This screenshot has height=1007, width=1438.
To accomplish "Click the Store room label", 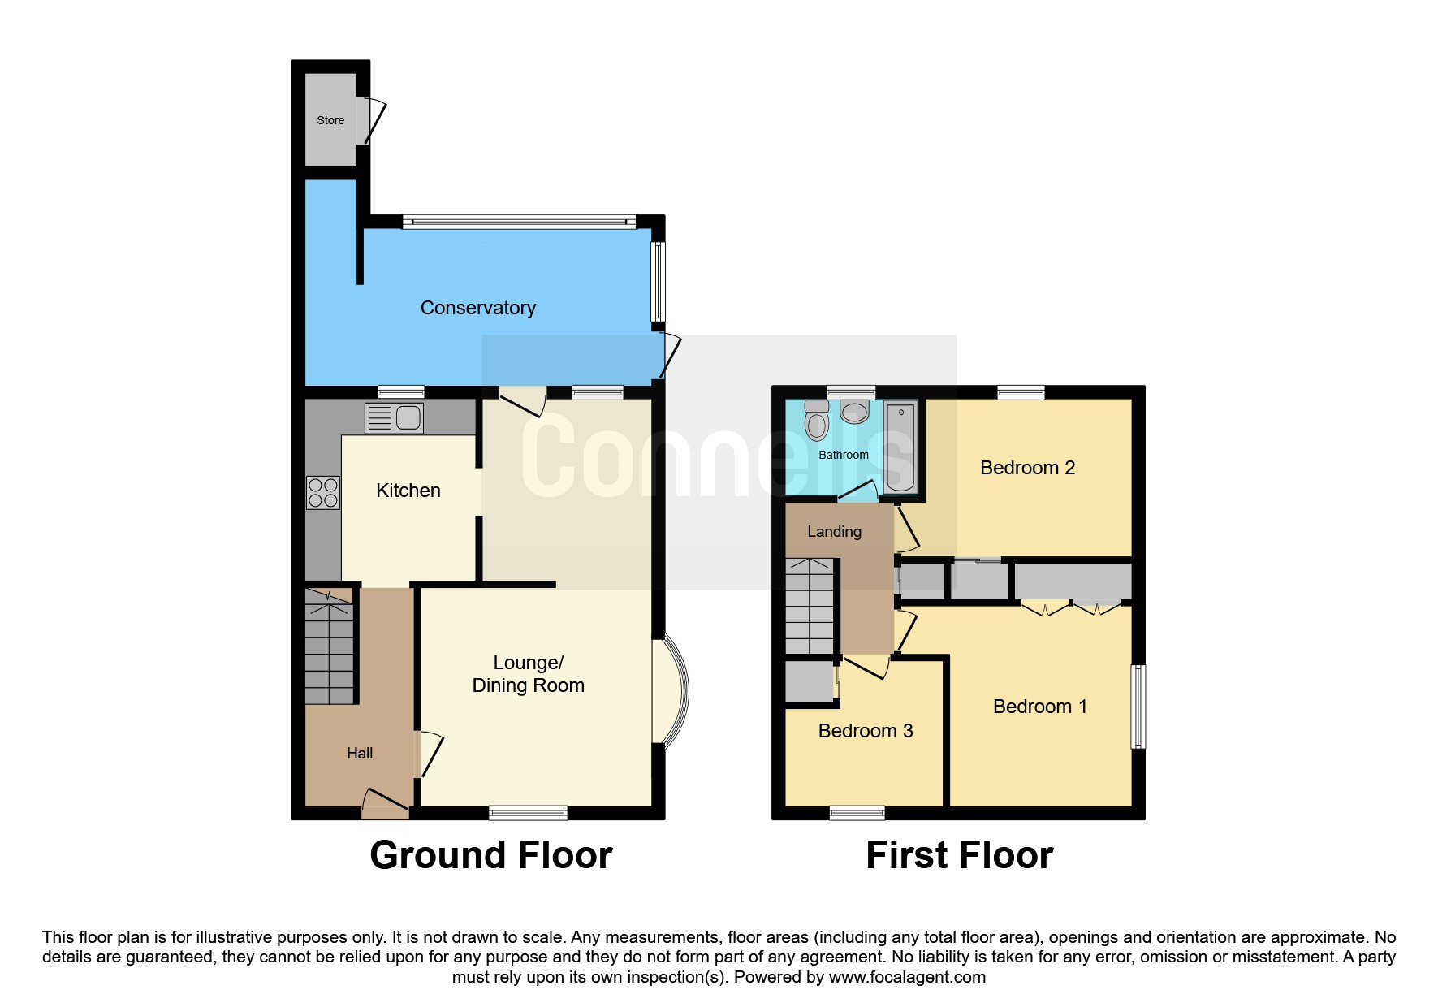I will coord(330,120).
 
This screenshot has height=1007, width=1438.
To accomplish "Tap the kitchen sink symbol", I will coord(394,418).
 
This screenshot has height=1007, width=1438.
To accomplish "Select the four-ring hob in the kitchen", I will coord(322,492).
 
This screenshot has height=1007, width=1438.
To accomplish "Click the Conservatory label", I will coord(477,308).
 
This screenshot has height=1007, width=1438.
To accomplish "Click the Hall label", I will coord(360,754).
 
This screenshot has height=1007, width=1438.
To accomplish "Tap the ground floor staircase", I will coord(330,646).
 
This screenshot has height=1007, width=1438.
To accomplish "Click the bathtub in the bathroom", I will coord(900,448).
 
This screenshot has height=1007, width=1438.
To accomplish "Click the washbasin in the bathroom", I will coord(854,412).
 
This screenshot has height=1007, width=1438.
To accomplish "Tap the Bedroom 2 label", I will coord(1027,468).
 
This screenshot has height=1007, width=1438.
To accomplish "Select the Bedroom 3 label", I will coord(866,731).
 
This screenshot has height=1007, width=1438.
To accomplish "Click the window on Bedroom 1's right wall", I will coord(1138,707).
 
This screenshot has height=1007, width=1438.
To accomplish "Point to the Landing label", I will coord(834,532).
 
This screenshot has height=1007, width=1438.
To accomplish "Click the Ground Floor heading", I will coord(490,856).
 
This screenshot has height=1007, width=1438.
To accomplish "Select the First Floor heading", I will coord(959,856).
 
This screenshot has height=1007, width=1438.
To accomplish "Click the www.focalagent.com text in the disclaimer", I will coord(907,977).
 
